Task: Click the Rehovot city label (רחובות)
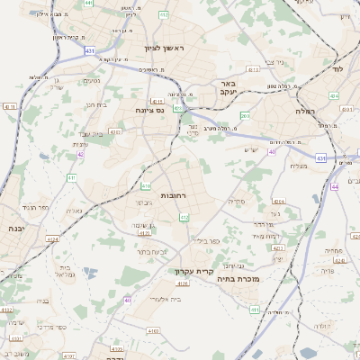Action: (173, 195)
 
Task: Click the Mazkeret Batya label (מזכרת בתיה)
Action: (238, 280)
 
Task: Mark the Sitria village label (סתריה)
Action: (238, 201)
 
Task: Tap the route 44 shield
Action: (335, 186)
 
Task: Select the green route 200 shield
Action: (246, 115)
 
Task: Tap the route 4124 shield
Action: (52, 239)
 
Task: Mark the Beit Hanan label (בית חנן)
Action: (95, 104)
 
